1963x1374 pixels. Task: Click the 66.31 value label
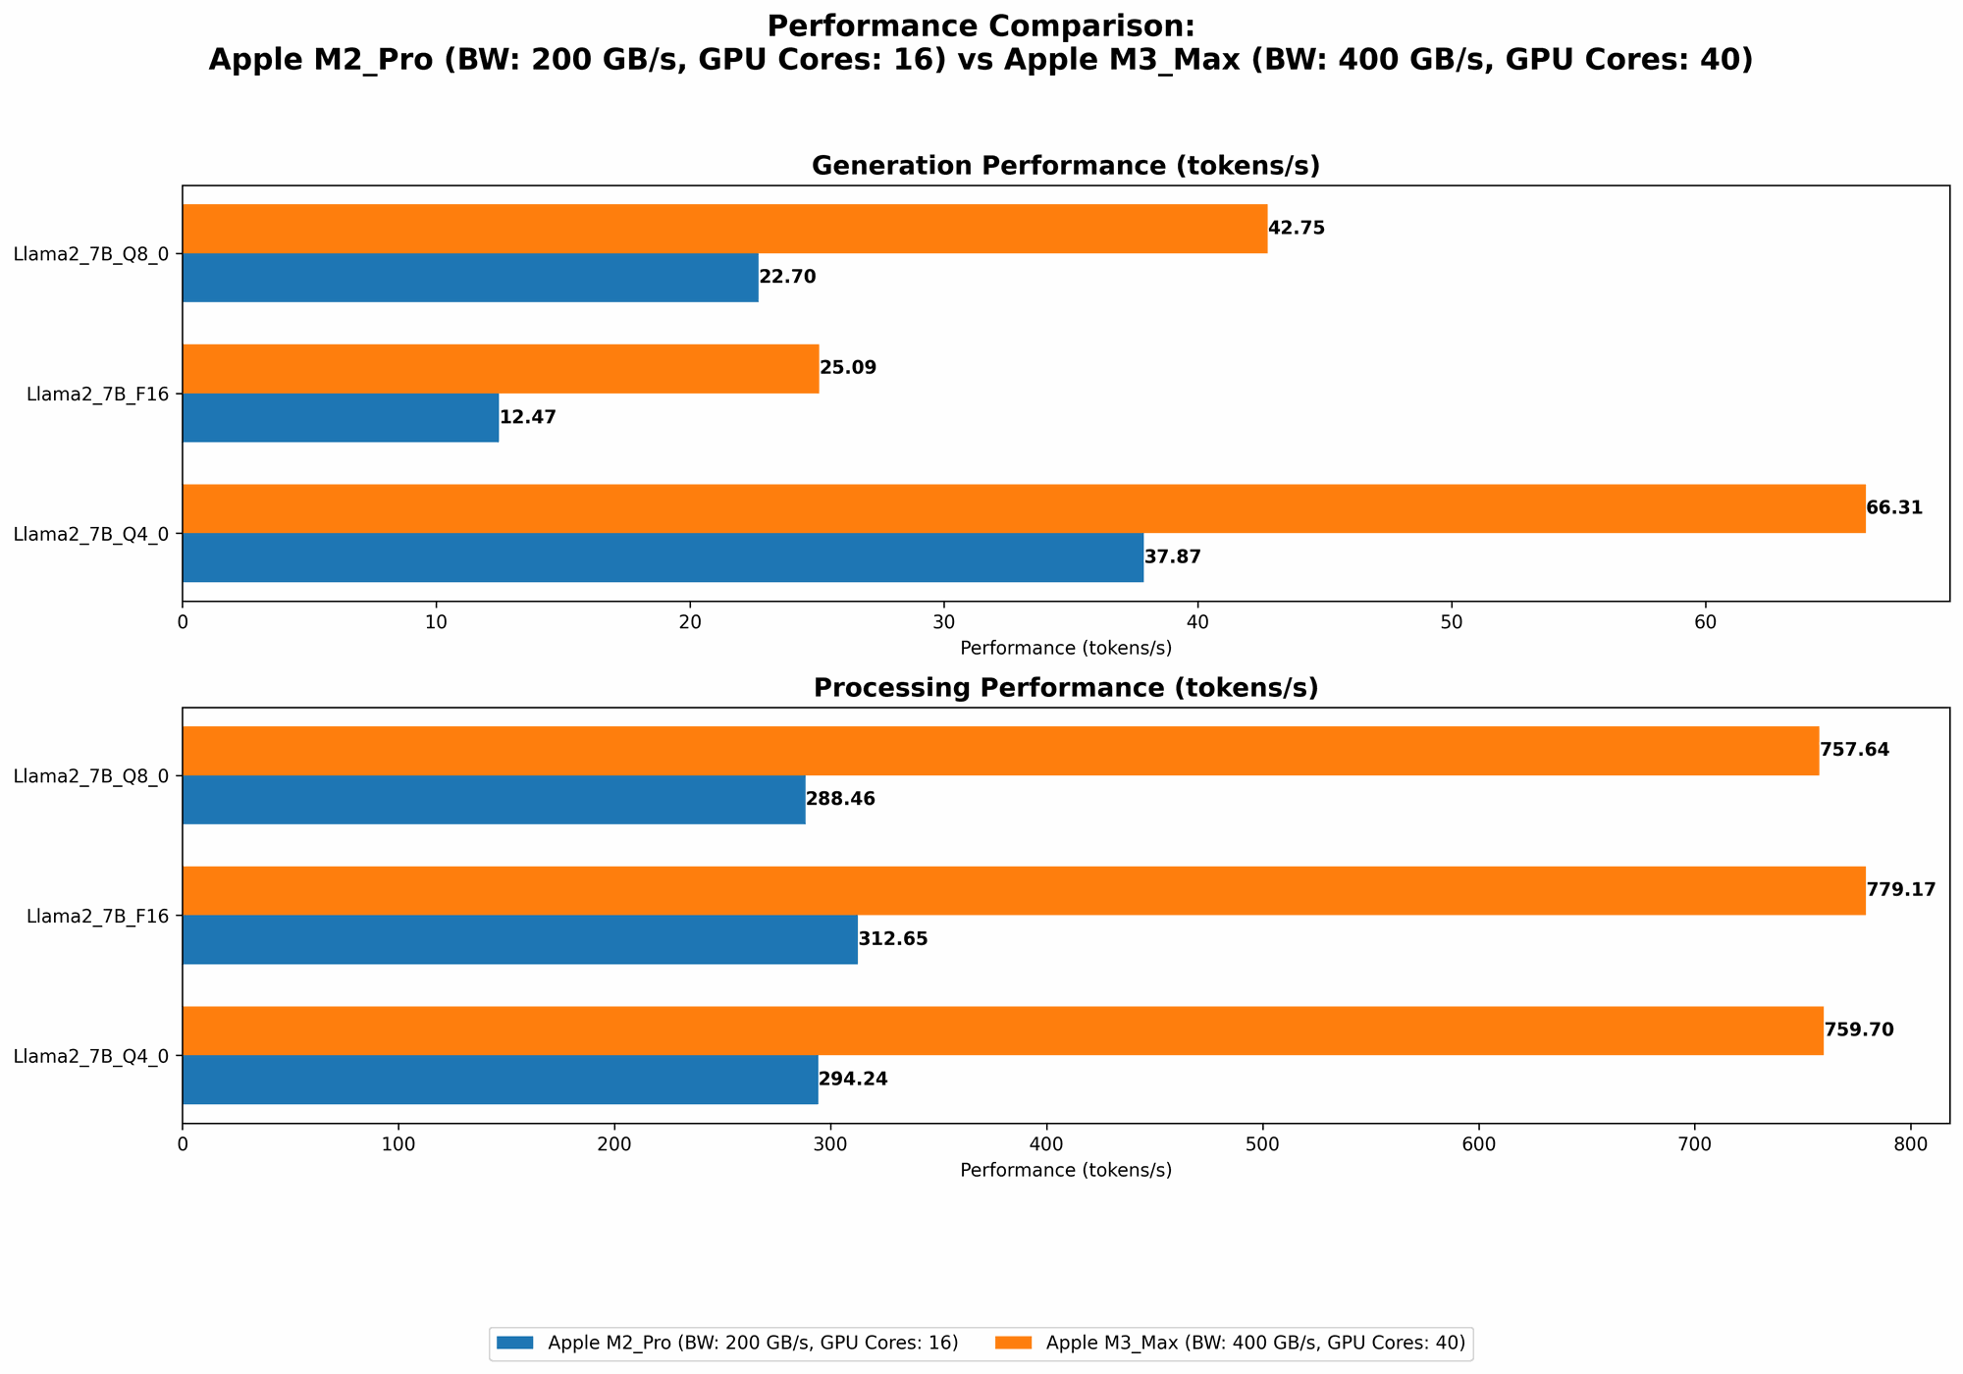click(x=1893, y=508)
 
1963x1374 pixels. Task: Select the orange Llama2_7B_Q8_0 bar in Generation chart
click(x=724, y=229)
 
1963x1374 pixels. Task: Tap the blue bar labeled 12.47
click(x=341, y=418)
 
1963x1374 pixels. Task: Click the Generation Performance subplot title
click(x=1065, y=166)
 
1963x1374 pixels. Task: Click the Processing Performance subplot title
click(x=1065, y=688)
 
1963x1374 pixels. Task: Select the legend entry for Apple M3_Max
click(x=1255, y=1343)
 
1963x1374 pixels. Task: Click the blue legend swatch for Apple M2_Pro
click(x=517, y=1343)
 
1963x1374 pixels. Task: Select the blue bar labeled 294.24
click(x=500, y=1080)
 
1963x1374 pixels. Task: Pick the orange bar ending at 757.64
click(x=1000, y=751)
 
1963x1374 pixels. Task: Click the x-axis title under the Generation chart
click(x=1065, y=648)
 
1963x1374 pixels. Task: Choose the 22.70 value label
click(x=787, y=278)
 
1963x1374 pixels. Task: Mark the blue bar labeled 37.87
click(x=663, y=557)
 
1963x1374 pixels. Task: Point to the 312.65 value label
click(x=893, y=939)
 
